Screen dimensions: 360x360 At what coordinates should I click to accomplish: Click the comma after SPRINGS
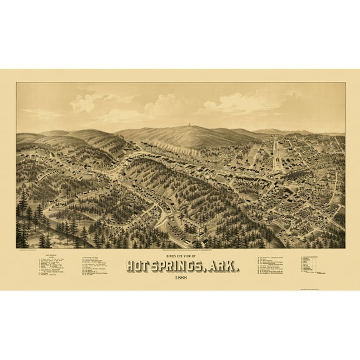click(214, 269)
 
